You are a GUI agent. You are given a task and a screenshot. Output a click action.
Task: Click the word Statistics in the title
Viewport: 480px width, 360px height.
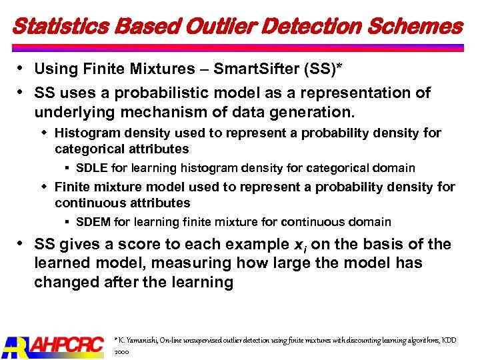click(x=53, y=26)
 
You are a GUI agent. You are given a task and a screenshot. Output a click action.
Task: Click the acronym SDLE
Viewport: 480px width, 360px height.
click(x=92, y=168)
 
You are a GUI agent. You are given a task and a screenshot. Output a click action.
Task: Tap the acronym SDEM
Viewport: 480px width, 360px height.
click(x=93, y=221)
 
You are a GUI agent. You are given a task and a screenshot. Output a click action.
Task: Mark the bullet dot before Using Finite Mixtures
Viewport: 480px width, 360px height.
click(x=20, y=69)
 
